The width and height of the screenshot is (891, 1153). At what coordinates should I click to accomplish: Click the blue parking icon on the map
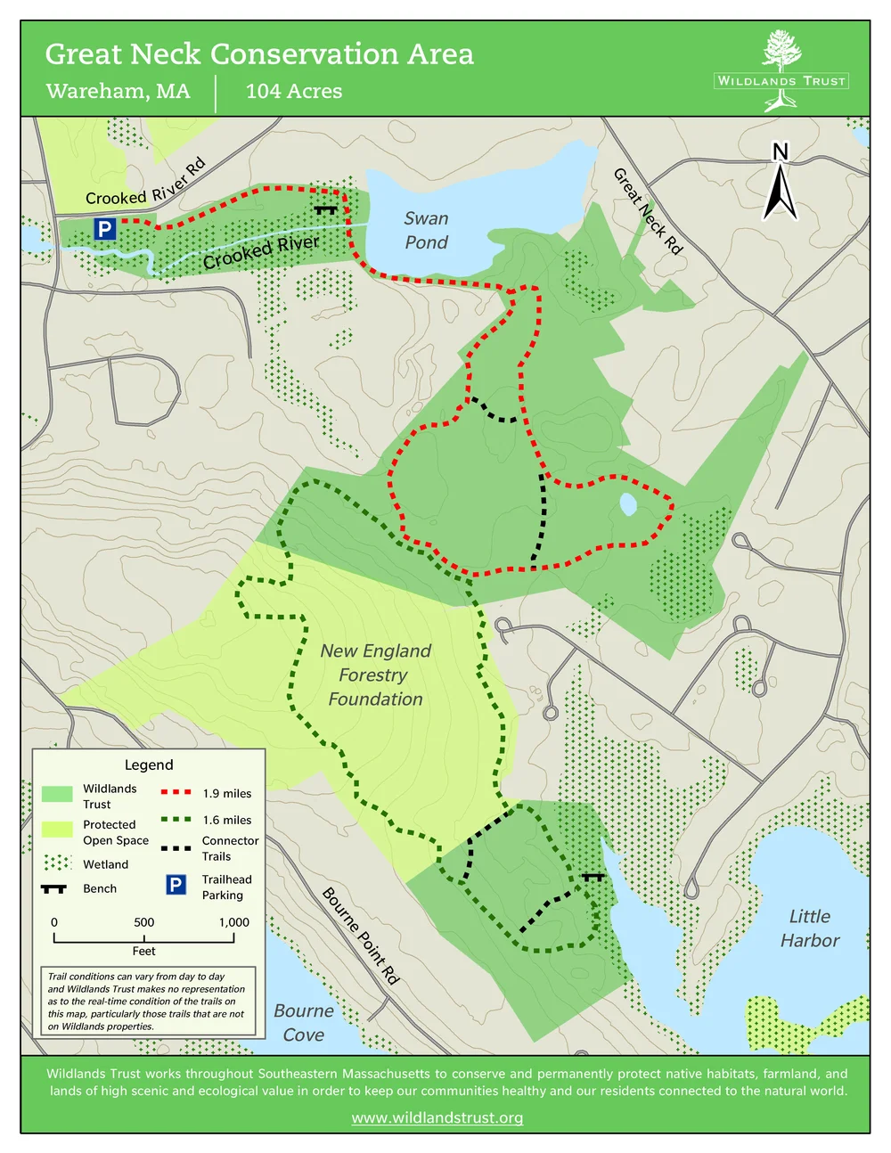tap(105, 229)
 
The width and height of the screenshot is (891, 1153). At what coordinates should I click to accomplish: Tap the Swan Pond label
tap(426, 230)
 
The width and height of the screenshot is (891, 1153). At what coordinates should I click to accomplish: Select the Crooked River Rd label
tap(145, 184)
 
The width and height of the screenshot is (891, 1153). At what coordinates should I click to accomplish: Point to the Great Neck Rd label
tap(648, 211)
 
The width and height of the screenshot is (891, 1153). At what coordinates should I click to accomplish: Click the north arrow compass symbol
tap(780, 184)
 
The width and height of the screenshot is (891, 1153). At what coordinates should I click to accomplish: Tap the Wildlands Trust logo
tap(781, 71)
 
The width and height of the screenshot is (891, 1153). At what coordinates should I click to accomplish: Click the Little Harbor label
tap(809, 928)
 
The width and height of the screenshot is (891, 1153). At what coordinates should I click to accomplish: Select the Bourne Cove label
tap(304, 1022)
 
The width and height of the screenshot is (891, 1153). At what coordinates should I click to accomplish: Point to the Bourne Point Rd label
tap(360, 935)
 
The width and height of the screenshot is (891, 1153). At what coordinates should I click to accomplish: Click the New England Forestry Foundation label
tap(375, 675)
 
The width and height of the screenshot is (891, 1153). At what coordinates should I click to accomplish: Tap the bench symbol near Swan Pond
tap(325, 210)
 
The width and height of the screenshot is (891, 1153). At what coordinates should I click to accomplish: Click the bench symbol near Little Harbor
tap(593, 877)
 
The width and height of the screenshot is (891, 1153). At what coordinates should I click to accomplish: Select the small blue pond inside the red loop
tap(628, 505)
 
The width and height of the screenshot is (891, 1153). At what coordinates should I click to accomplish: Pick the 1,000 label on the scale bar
tap(233, 922)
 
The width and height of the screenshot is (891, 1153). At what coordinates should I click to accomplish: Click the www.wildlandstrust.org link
tap(437, 1117)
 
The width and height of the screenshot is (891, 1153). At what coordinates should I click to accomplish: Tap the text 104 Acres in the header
tap(294, 91)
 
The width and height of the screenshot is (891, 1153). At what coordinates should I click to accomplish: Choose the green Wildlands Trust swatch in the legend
tap(57, 794)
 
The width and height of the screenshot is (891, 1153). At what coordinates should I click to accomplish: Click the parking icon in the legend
tap(176, 885)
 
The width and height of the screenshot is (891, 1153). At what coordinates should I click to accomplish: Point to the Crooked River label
tap(260, 252)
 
